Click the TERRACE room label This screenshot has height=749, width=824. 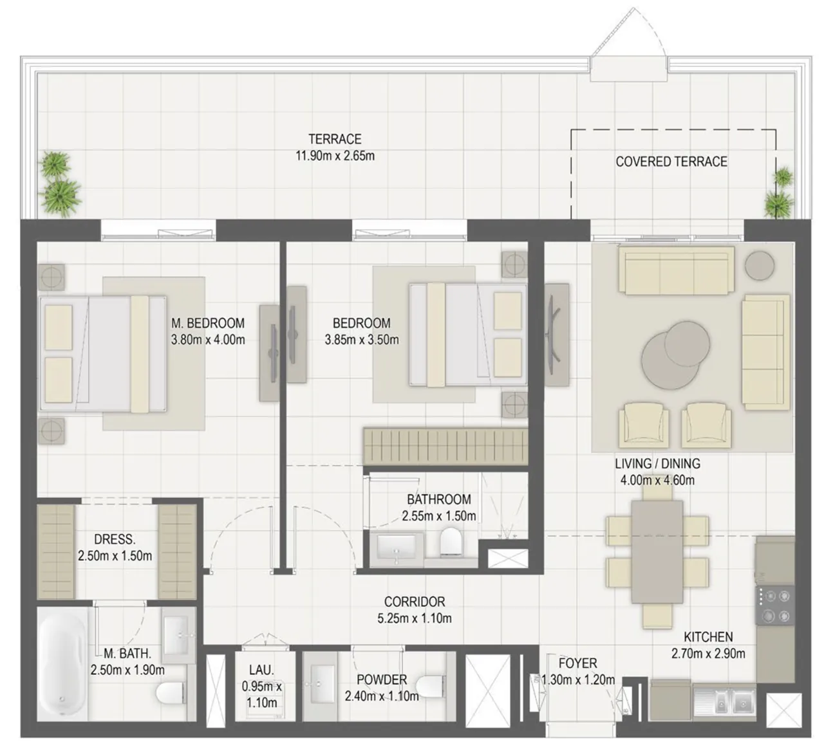pyautogui.click(x=335, y=139)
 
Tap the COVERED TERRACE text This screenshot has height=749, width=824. pyautogui.click(x=671, y=162)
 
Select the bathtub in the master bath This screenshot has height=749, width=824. pyautogui.click(x=62, y=665)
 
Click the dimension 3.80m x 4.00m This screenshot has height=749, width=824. pyautogui.click(x=208, y=340)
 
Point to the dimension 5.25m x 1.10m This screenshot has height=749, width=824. pyautogui.click(x=415, y=618)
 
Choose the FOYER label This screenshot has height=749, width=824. pyautogui.click(x=577, y=663)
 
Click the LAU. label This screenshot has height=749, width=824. pyautogui.click(x=261, y=670)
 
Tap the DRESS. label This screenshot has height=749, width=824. pyautogui.click(x=115, y=539)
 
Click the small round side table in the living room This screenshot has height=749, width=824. pyautogui.click(x=760, y=266)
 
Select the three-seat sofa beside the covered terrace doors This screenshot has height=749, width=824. pyautogui.click(x=679, y=270)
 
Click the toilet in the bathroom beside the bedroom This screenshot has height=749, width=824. pyautogui.click(x=451, y=541)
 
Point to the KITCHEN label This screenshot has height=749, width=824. pyautogui.click(x=708, y=637)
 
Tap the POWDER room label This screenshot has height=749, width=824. pyautogui.click(x=382, y=680)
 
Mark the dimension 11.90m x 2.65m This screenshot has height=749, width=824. pyautogui.click(x=335, y=156)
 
